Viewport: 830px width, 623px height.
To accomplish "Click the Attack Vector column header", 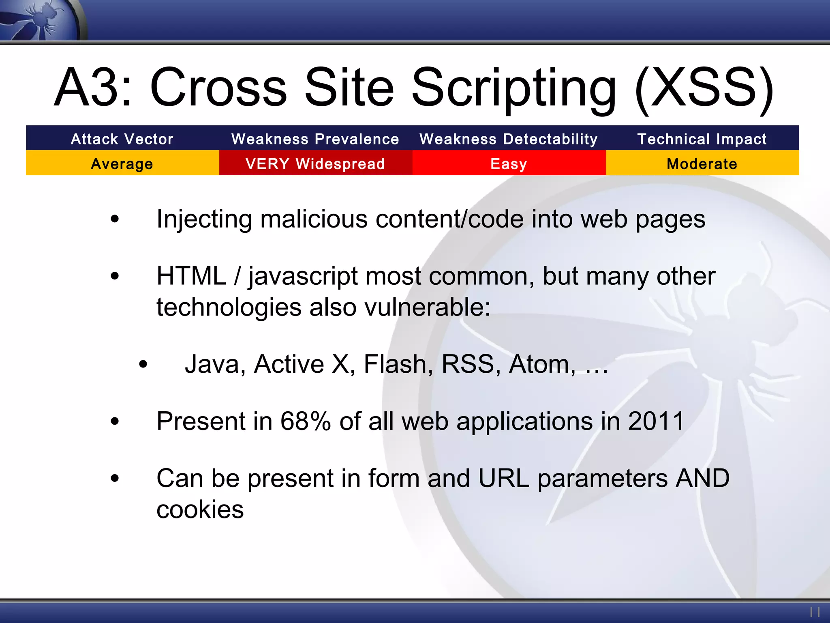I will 122,139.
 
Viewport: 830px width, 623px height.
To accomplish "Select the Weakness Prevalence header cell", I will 315,139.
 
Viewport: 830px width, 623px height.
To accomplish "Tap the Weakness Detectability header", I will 509,139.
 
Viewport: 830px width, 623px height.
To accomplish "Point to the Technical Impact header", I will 702,139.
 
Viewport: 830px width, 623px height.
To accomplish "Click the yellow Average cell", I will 122,164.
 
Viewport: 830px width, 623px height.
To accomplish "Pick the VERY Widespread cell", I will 315,164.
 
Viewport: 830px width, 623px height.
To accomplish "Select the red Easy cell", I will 509,164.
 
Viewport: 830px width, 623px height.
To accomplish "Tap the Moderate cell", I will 702,164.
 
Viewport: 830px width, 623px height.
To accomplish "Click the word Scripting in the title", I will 514,88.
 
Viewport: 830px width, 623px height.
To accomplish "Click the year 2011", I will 656,421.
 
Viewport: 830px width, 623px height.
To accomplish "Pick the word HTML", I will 191,276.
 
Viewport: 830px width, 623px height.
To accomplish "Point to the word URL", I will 504,478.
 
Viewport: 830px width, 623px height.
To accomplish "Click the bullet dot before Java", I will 143,364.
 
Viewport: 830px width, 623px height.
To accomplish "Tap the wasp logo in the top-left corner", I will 41,19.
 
